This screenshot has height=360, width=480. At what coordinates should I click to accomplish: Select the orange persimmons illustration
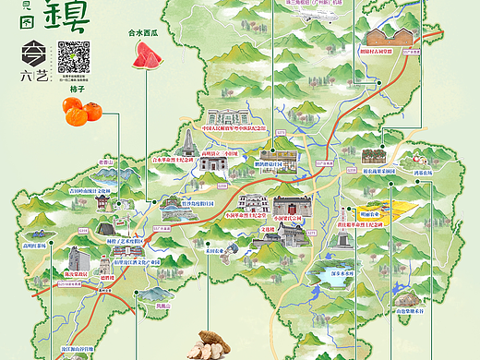[83, 112]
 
